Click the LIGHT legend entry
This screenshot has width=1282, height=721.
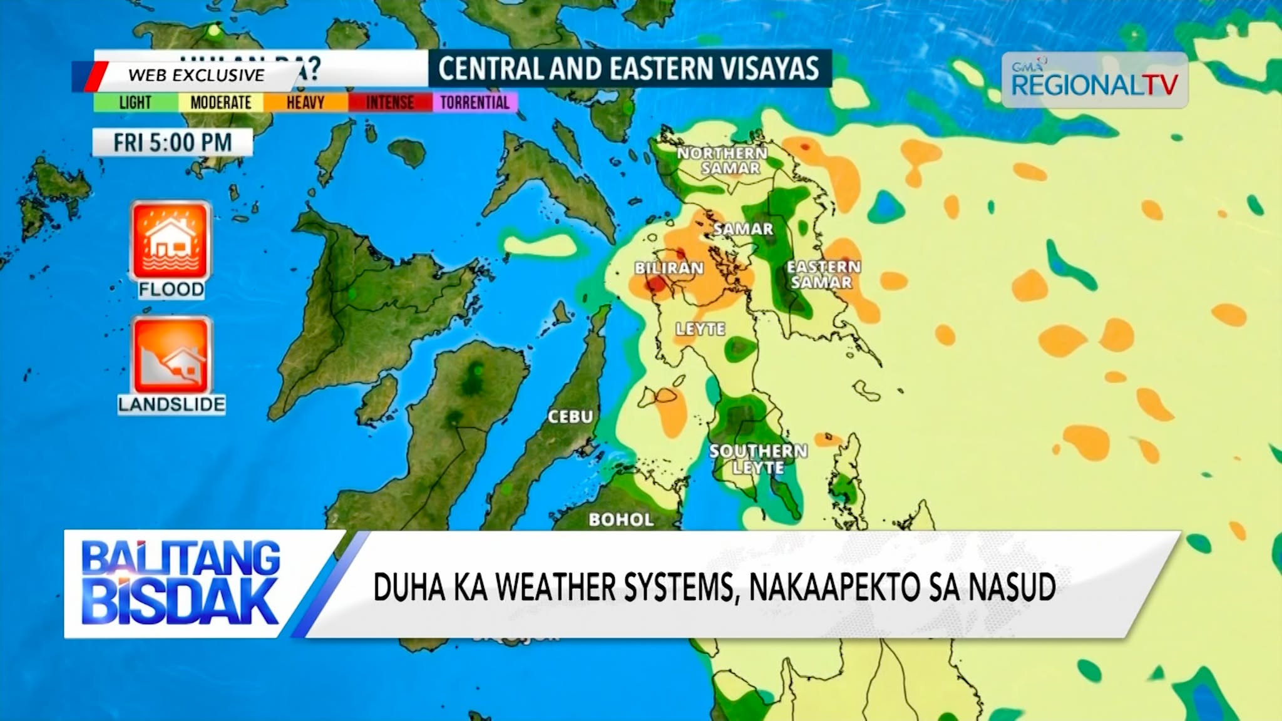135,102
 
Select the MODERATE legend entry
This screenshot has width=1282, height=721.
220,102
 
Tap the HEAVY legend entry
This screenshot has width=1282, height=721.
305,102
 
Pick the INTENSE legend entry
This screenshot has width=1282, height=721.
389,102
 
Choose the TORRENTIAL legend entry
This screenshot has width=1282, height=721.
474,102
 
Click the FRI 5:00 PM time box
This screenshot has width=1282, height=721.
172,143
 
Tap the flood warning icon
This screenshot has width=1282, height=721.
170,242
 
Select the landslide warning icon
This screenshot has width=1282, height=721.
171,357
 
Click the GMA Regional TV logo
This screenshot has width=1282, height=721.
1094,81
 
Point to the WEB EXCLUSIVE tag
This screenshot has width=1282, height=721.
196,75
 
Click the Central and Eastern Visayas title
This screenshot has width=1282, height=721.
628,68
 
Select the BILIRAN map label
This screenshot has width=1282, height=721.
669,268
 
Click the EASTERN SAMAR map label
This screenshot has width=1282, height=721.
823,274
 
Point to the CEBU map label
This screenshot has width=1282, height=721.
570,417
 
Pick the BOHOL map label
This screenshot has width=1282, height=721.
621,519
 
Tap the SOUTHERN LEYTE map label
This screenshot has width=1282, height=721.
758,459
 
